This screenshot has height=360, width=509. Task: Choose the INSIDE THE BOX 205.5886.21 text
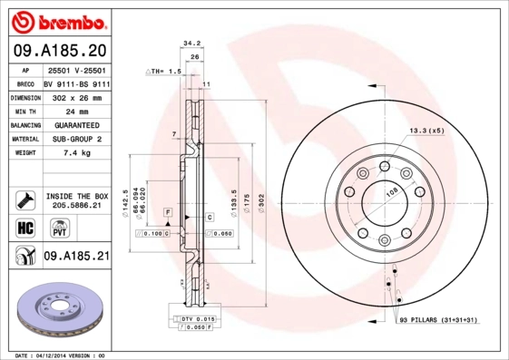pos(77,201)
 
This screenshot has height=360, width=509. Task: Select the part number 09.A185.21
pos(76,258)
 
